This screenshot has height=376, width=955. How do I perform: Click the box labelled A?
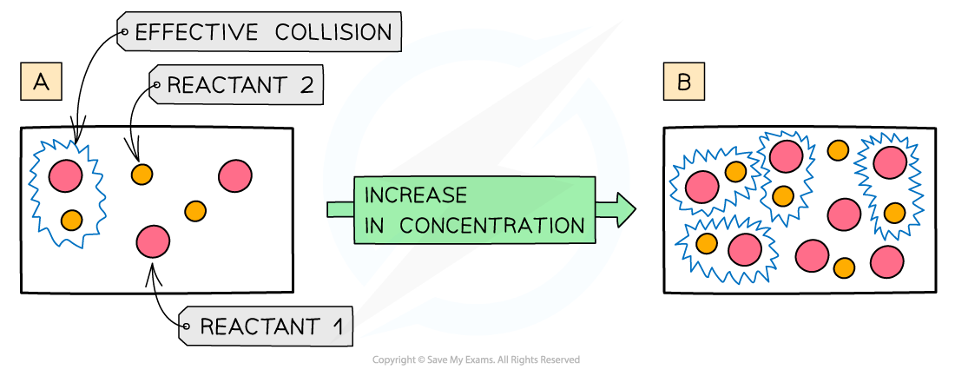coord(41,82)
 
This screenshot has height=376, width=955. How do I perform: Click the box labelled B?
coord(683,82)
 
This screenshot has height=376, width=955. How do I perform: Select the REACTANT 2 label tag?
coord(236,85)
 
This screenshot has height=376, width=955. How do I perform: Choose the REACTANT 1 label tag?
coord(266,327)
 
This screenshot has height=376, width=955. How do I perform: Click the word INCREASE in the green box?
coord(416,195)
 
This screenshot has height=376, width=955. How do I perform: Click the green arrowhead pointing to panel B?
coord(622,210)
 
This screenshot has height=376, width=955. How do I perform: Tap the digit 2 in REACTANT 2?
coord(305,85)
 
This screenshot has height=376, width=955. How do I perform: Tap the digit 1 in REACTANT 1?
coord(335,327)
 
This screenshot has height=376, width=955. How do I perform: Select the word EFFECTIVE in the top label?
coord(196,32)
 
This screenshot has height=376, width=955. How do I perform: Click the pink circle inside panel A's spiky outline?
coord(65,176)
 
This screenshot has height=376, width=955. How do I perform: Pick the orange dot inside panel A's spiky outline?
coord(71,220)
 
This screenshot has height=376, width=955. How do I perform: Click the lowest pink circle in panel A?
coord(153,241)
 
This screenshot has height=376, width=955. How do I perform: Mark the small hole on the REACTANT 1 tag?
coord(185,327)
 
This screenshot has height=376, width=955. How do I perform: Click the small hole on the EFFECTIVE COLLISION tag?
coord(124,33)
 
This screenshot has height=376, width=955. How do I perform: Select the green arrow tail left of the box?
coord(339,209)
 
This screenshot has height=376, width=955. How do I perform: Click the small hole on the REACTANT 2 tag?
coord(156,85)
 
